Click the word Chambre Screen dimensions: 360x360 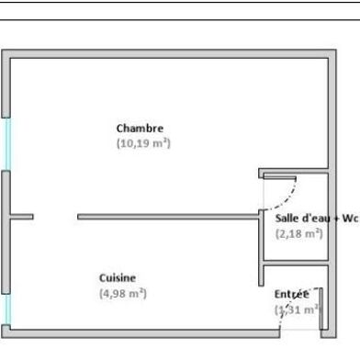(140, 128)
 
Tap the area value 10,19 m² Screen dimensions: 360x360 (143, 143)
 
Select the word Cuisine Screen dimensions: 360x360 (118, 277)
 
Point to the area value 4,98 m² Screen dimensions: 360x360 (123, 293)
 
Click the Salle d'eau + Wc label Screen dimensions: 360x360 (316, 218)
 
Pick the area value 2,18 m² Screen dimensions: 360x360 (299, 233)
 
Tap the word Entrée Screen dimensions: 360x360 (292, 293)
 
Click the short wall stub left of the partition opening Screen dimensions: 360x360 (22, 217)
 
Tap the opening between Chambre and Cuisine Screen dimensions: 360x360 (55, 217)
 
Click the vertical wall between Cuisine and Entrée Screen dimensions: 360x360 (261, 303)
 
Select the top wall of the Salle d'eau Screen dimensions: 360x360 (294, 172)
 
